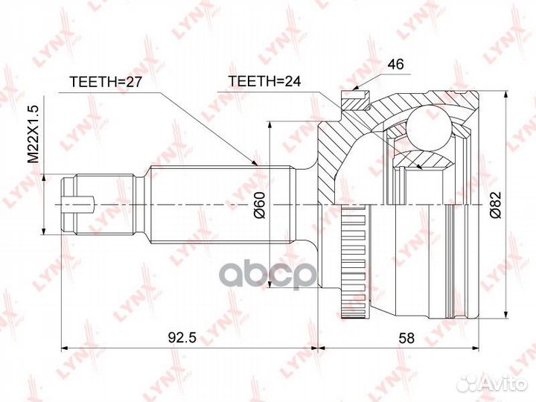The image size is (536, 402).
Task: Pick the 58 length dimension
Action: coord(406,337)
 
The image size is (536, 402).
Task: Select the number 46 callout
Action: coord(395,65)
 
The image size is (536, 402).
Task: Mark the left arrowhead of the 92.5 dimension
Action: coord(63,347)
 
